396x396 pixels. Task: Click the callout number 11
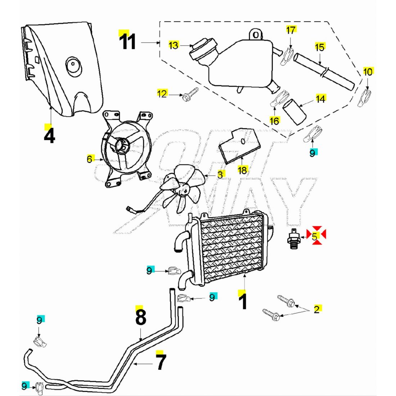128,42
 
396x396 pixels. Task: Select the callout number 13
174,45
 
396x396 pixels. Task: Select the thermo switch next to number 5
293,238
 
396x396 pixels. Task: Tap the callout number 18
243,170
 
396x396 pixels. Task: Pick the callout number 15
320,47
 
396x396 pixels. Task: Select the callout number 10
368,72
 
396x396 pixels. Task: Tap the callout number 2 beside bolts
316,309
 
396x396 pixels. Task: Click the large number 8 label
140,317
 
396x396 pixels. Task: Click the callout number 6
90,159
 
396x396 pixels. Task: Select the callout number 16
274,121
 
